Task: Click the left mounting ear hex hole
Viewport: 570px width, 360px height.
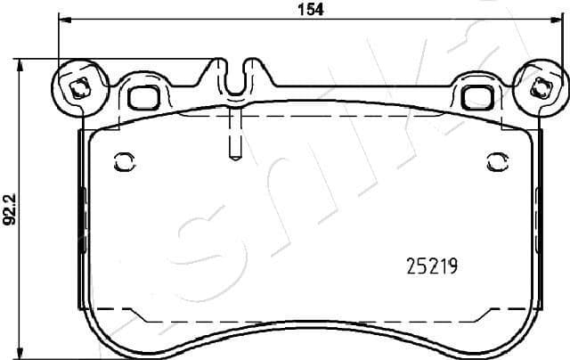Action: point(77,87)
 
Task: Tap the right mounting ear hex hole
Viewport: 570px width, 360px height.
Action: point(540,87)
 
